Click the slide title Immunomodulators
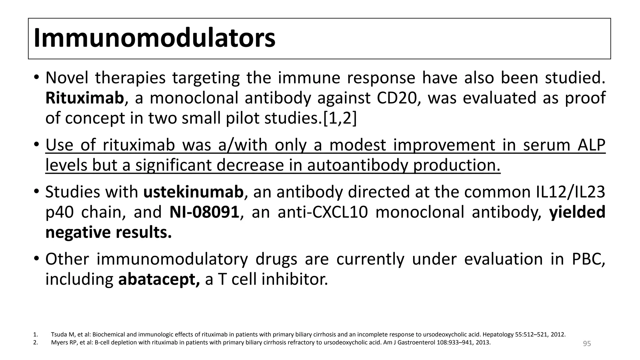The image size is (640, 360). (x=154, y=38)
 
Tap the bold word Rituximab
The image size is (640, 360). (x=85, y=98)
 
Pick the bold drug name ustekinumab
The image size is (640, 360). (x=193, y=192)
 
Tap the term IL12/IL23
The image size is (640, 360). (x=568, y=192)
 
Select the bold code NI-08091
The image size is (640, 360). (x=204, y=212)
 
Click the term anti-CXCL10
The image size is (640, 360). (x=322, y=212)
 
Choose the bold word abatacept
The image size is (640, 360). (x=159, y=279)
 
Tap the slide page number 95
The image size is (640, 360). (x=587, y=344)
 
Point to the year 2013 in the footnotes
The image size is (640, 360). (x=483, y=342)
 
